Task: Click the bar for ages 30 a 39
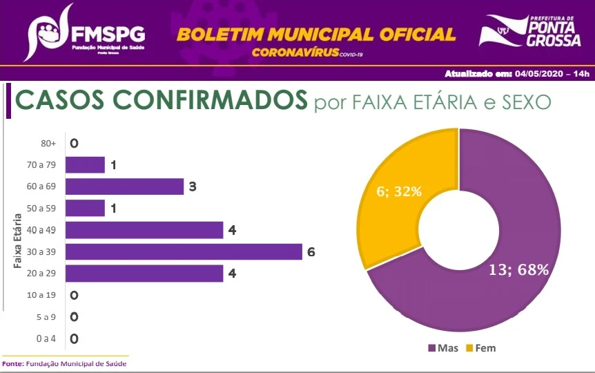coord(184,252)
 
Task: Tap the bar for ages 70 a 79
coord(86,165)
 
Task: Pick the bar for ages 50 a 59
coord(86,209)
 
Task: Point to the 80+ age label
coord(49,144)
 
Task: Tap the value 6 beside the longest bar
coord(311,252)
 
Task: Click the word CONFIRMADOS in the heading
coord(201,101)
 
